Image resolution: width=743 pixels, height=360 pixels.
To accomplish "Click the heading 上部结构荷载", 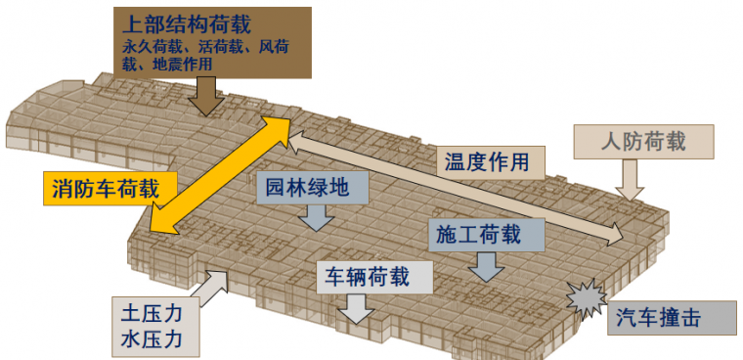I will [x=184, y=22].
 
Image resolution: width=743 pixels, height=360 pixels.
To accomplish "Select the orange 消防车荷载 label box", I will [x=105, y=186].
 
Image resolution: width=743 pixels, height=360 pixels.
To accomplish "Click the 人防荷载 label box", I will [x=644, y=141].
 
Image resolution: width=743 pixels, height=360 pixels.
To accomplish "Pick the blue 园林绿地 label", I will [x=304, y=187].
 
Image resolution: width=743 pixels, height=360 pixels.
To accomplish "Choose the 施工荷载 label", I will [x=478, y=234].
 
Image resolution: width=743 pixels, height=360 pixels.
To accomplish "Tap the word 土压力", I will [x=153, y=317].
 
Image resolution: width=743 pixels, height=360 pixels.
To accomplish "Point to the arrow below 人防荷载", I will [x=631, y=179].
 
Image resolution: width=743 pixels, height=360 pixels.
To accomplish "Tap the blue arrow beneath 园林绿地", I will [x=315, y=218].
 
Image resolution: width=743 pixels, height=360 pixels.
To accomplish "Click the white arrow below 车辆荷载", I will [x=354, y=308].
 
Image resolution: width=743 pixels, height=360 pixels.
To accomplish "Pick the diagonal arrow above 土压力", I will [x=211, y=284].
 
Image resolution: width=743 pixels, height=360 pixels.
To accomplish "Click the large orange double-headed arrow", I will [x=221, y=174].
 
